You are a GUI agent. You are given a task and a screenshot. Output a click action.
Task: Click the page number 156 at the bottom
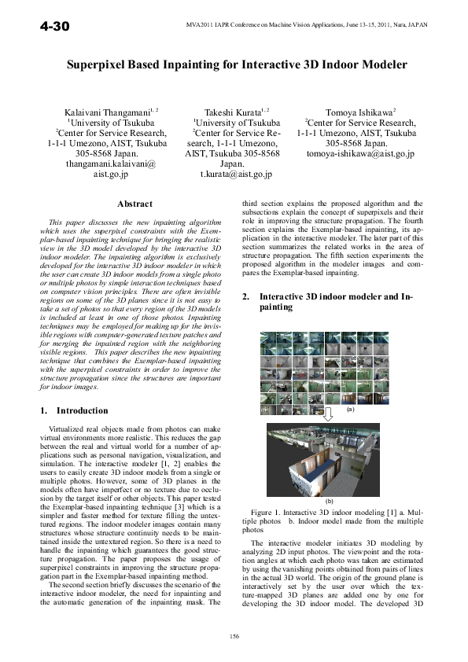[x=234, y=635]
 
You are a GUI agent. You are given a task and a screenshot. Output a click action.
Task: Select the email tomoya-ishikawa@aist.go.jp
[x=360, y=155]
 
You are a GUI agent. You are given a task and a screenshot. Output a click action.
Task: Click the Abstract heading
[x=134, y=204]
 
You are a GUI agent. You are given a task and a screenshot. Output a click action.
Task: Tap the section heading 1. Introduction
[x=74, y=410]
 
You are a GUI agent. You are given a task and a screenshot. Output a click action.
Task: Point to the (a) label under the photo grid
[x=350, y=410]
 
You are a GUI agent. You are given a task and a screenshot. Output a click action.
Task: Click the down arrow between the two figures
[x=329, y=414]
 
